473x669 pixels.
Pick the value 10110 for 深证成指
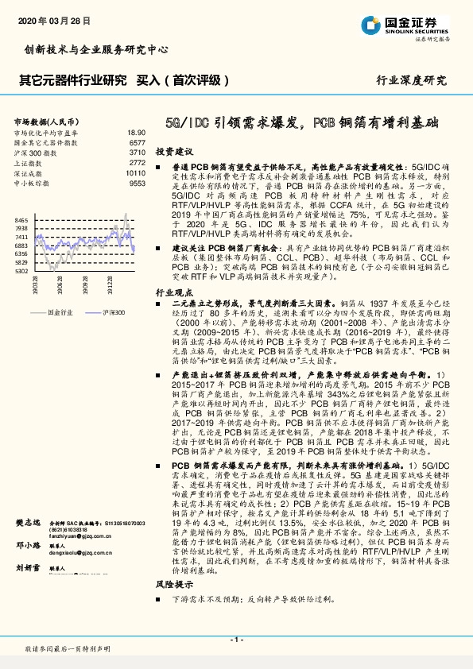click(x=135, y=172)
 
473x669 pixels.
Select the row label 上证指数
click(x=29, y=162)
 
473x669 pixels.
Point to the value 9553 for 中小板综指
click(x=137, y=183)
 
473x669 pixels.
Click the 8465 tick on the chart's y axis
click(x=21, y=219)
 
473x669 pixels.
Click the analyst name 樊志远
click(x=29, y=523)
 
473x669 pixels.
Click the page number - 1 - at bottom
click(x=236, y=640)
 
